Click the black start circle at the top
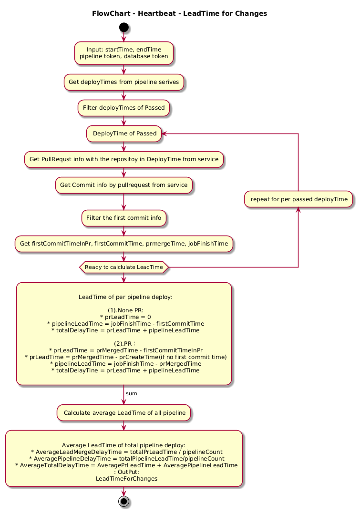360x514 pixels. pos(123,27)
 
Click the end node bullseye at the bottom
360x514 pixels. pos(123,501)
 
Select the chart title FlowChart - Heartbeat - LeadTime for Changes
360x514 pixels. pos(179,13)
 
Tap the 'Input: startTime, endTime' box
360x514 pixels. pos(123,53)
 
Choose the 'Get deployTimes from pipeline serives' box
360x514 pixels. pos(123,82)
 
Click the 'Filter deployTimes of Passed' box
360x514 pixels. pos(123,108)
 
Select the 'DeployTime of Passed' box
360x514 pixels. pos(124,134)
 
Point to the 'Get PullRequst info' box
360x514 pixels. pos(123,159)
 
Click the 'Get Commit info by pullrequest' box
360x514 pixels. pos(123,185)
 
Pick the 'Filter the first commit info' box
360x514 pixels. pos(123,218)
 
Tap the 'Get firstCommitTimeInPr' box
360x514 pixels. pos(123,244)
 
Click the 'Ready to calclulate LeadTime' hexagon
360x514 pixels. pos(123,267)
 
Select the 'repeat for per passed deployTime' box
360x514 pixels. pos(298,199)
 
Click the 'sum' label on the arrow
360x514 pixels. pos(132,393)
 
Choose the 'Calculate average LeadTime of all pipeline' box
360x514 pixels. pos(123,413)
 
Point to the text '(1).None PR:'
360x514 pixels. pos(125,310)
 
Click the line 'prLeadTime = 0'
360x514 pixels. pos(125,317)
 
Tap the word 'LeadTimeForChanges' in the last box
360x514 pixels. pos(126,479)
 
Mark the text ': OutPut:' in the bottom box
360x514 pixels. pos(126,472)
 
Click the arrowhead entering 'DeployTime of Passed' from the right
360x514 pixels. pos(164,134)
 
